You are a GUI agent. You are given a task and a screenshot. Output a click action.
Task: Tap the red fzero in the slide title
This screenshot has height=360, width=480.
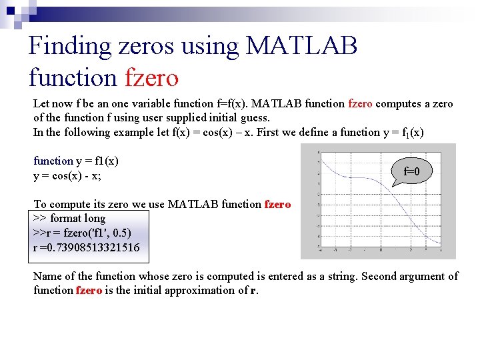tap(151, 78)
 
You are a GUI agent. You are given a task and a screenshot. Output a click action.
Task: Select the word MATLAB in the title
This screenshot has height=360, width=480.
tap(302, 46)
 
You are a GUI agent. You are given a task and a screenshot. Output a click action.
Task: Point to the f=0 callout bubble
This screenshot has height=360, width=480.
tap(412, 171)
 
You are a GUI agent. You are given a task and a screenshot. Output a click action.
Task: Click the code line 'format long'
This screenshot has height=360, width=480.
tap(69, 219)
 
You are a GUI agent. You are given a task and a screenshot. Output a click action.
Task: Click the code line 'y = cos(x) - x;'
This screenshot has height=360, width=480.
tap(67, 175)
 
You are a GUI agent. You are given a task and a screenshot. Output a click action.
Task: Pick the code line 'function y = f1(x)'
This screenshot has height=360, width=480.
tap(75, 161)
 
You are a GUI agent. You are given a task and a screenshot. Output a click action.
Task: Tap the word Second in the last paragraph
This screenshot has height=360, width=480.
tap(377, 276)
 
